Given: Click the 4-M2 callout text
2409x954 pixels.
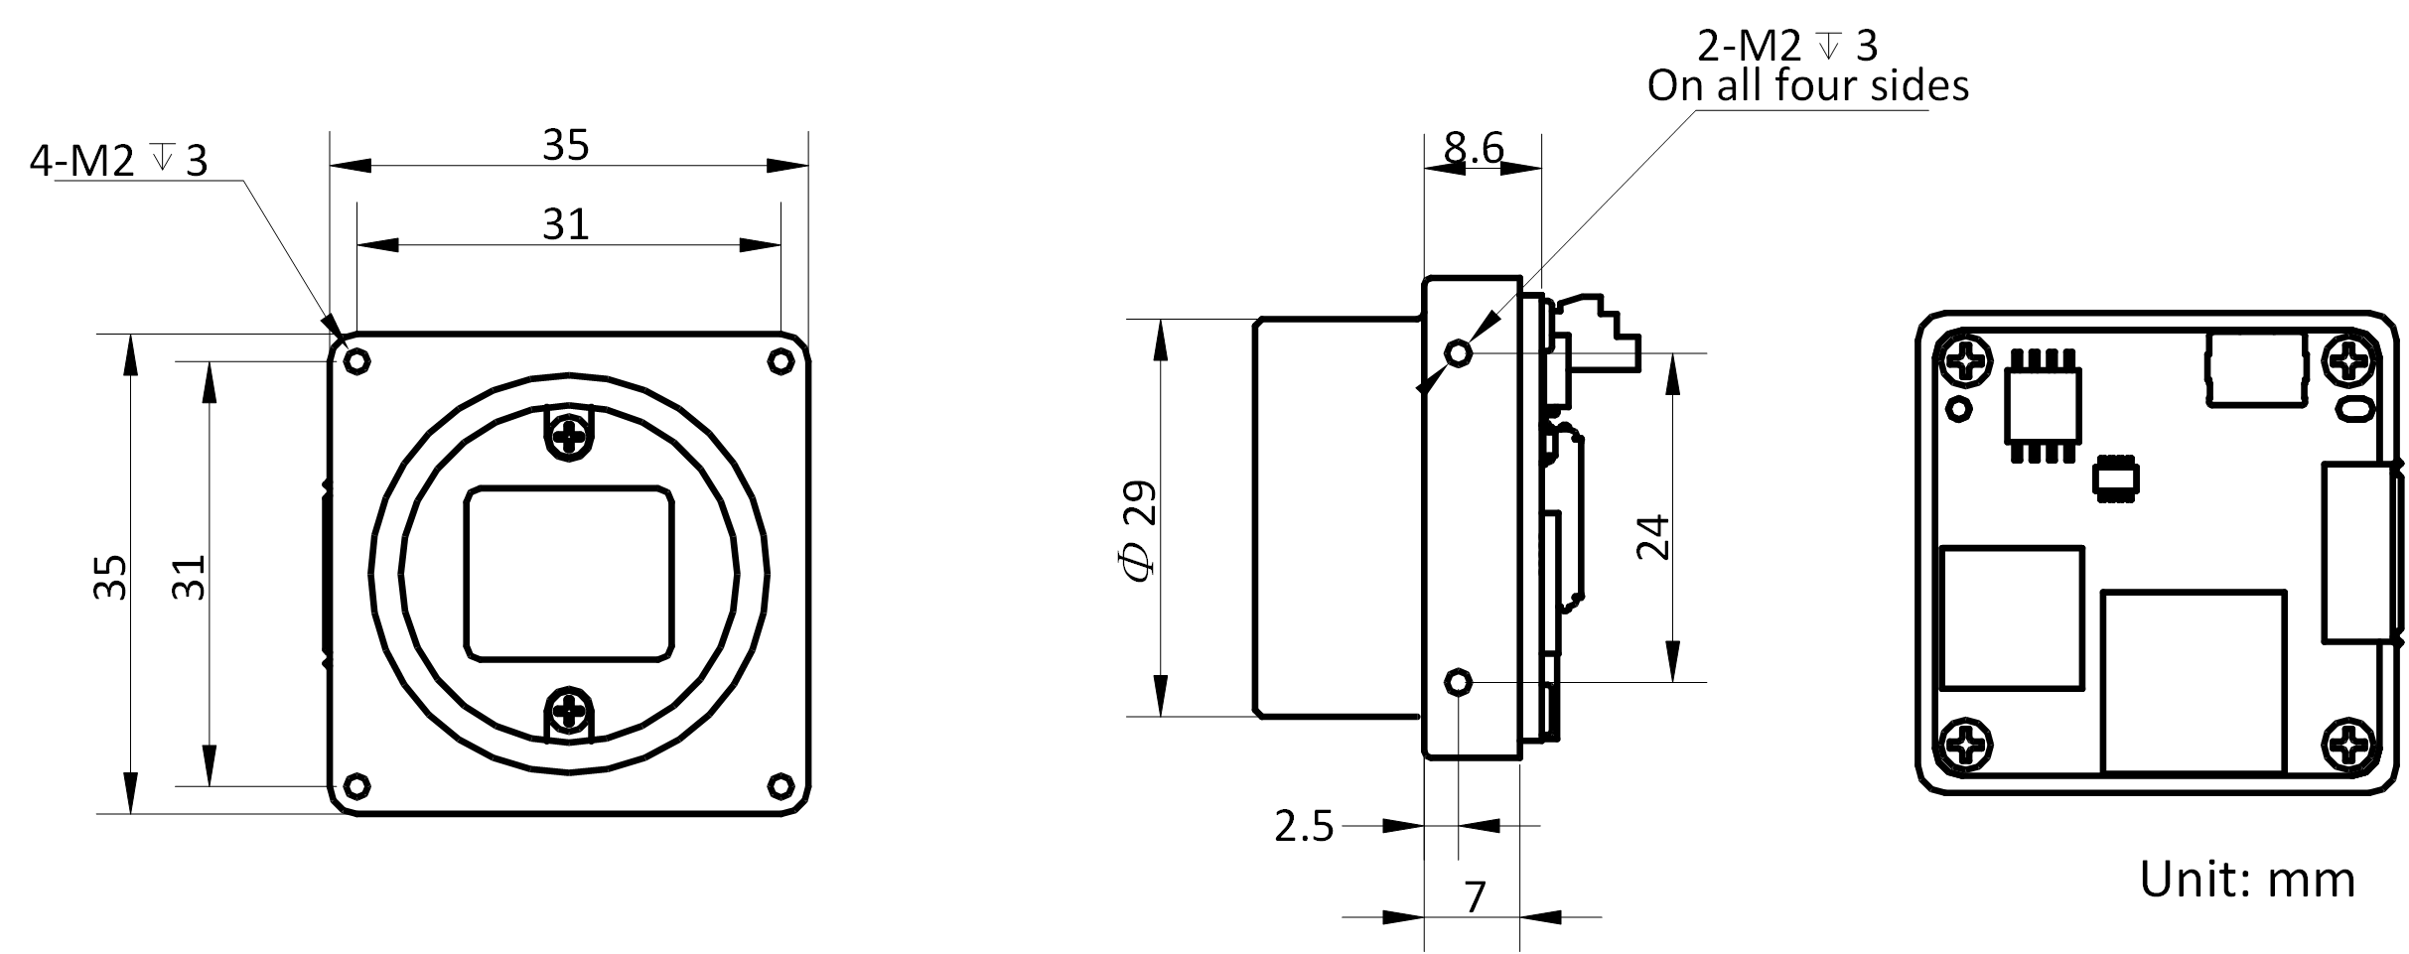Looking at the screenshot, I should [x=118, y=159].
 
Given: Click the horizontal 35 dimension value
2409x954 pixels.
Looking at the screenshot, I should [x=566, y=146].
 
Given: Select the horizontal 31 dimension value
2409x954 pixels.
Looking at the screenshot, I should [x=566, y=225].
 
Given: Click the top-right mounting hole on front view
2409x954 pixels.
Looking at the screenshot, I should [x=781, y=361].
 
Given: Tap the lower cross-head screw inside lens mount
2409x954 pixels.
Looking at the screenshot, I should [x=569, y=710].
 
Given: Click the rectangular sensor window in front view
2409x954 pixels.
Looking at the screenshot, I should [x=569, y=573].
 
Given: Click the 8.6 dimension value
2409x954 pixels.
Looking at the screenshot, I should [x=1474, y=149].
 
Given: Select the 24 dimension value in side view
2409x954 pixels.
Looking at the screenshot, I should [x=1652, y=538].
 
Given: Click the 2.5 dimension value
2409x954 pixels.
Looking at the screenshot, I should [x=1304, y=826].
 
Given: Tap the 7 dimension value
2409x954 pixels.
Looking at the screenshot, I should [x=1476, y=897].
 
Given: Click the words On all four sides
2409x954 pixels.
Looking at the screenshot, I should [x=1807, y=86].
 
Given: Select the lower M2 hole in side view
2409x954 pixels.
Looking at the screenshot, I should [x=1459, y=682].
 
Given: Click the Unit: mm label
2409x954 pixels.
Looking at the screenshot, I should [x=2246, y=880].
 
